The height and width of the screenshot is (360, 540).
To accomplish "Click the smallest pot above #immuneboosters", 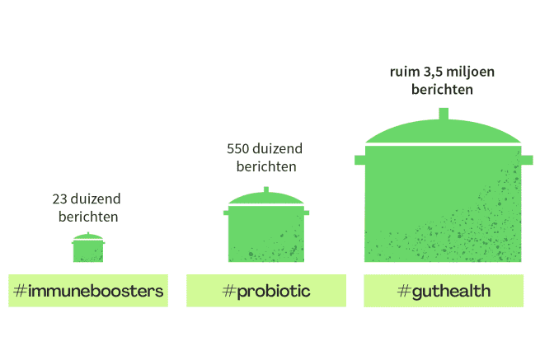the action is [88, 248].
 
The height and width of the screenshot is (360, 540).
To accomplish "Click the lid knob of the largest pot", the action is [444, 114].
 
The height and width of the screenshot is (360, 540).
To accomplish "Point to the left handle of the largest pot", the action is [360, 160].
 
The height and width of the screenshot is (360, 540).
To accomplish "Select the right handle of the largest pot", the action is [527, 160].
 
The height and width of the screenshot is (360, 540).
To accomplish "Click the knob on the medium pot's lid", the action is [266, 189].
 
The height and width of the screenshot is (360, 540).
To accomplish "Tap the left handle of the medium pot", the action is [226, 213].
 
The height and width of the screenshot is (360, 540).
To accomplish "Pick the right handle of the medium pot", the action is [307, 213].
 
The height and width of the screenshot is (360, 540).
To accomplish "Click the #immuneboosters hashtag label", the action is [88, 291].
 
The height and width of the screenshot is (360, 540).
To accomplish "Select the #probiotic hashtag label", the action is [266, 291].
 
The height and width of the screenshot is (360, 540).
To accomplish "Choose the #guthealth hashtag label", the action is [444, 291].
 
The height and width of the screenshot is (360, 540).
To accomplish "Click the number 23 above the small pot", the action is [59, 199].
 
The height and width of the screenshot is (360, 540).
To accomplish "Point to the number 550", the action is [237, 148].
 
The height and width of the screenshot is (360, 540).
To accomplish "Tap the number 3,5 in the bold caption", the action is [433, 72].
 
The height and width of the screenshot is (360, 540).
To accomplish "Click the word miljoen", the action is [470, 72].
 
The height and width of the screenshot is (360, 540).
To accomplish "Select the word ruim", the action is [405, 72].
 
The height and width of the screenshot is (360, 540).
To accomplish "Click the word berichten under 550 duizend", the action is [266, 166].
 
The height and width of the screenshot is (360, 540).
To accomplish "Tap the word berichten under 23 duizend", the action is [88, 217].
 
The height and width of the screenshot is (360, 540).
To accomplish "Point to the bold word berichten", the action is [442, 90].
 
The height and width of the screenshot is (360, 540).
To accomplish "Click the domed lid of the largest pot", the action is [444, 132].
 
